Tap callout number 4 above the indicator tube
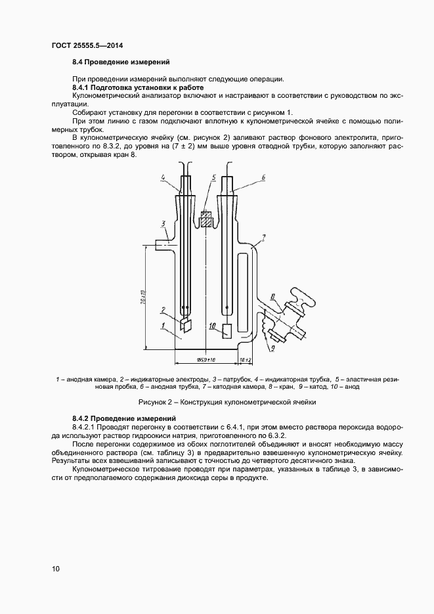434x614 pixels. click(162, 178)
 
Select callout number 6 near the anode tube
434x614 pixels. click(263, 177)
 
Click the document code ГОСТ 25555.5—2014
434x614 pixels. click(88, 45)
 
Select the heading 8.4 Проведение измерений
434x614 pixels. click(121, 62)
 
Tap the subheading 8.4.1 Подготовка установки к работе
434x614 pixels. click(138, 87)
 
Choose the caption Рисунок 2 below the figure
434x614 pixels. click(227, 401)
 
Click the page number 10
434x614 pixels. click(56, 569)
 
